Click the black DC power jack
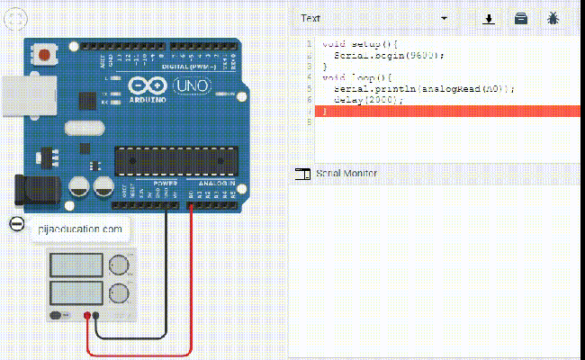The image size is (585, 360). point(34,189)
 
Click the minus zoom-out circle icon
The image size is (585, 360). point(16,225)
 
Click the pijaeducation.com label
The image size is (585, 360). point(79,229)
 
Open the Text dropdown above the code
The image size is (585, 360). point(373,18)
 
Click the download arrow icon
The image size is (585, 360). point(490,18)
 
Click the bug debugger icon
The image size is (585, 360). point(553,18)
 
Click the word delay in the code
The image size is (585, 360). point(347,99)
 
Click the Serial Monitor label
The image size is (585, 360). point(346,173)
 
